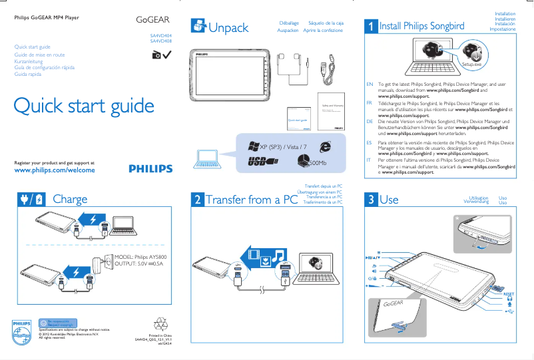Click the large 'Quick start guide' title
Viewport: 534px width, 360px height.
84,106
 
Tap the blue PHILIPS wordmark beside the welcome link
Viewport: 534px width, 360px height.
150,169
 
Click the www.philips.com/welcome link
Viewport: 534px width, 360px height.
55,170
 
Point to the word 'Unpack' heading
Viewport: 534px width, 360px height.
228,27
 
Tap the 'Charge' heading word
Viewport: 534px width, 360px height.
70,199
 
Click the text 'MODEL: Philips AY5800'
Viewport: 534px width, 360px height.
141,257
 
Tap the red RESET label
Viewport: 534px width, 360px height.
509,293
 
